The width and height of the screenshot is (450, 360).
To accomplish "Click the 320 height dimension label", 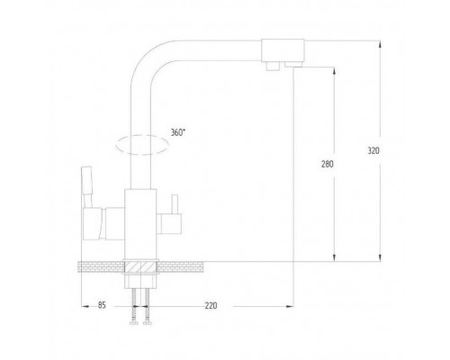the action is [x=373, y=150].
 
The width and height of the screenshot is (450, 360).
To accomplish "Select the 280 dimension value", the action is [x=328, y=165].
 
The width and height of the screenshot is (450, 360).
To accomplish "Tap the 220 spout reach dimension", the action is [x=211, y=306].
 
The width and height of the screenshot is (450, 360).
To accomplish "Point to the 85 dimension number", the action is [x=102, y=305].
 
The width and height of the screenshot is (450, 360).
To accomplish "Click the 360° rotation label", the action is [x=178, y=132].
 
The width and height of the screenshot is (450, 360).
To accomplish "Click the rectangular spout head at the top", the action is [x=283, y=49].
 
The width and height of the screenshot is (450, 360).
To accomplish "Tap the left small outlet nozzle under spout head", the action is [x=273, y=66].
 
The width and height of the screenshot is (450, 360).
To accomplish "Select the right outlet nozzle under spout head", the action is [x=293, y=64].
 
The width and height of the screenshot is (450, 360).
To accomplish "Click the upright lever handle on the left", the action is [x=86, y=186].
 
